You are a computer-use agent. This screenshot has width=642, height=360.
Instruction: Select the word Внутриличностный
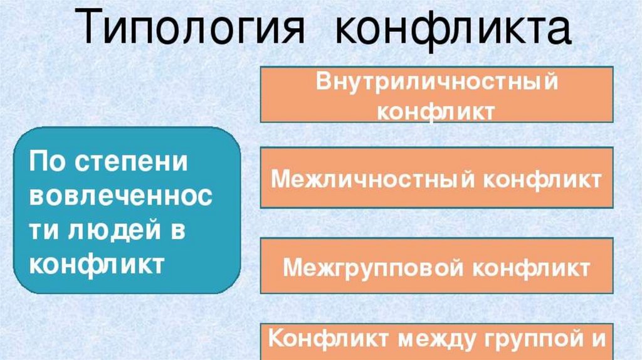click(x=437, y=83)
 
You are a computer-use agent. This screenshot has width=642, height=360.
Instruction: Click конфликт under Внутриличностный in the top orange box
click(x=437, y=111)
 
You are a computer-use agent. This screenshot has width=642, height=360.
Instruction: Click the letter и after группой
click(x=596, y=339)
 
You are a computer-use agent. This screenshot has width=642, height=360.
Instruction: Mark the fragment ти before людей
click(x=43, y=231)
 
